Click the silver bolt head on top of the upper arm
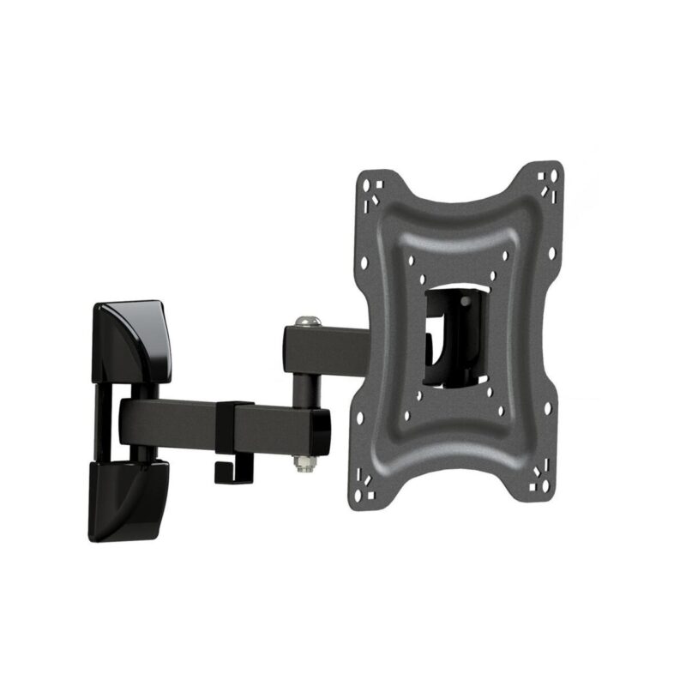305,322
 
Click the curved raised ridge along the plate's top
454,206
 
